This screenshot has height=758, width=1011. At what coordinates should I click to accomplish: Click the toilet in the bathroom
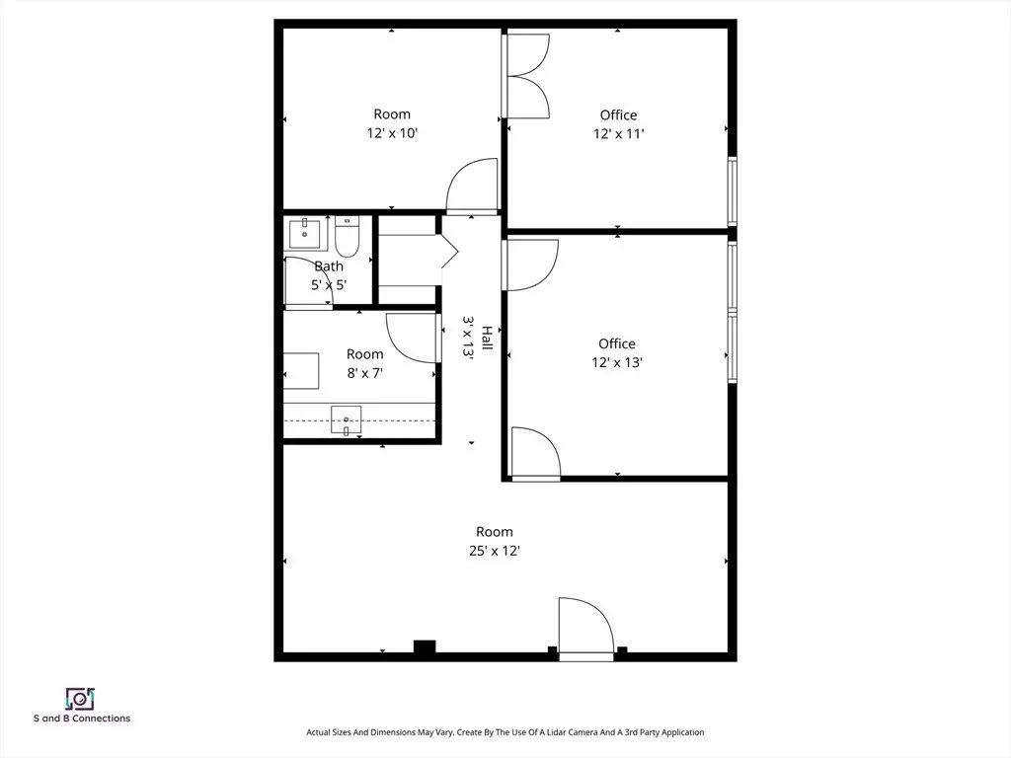tap(347, 237)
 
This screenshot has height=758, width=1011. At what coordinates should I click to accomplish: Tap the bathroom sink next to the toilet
tap(304, 233)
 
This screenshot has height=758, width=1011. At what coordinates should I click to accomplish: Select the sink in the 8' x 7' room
tap(347, 420)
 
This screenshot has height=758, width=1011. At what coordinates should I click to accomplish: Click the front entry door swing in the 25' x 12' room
tap(586, 625)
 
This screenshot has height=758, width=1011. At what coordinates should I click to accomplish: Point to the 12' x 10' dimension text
tap(392, 133)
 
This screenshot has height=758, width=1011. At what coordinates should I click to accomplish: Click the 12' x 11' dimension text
tap(618, 133)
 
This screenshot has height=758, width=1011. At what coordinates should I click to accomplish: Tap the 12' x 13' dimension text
tap(617, 362)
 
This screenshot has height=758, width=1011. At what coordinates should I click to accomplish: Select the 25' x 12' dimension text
tap(495, 551)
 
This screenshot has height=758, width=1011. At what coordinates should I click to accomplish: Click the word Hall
tap(487, 339)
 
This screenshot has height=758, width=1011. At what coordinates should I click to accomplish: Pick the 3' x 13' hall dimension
tap(468, 337)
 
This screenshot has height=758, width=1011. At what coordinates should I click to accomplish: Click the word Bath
tap(329, 265)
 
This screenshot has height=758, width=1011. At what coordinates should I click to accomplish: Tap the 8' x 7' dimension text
tap(365, 372)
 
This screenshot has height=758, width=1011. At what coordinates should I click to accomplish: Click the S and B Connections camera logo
tap(81, 699)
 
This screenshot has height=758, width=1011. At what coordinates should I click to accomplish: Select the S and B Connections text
tap(82, 719)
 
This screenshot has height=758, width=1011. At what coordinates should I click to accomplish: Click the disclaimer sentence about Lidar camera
tap(505, 732)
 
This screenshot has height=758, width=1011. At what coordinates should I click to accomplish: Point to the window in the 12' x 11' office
tap(733, 190)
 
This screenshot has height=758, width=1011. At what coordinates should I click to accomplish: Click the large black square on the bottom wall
tap(425, 646)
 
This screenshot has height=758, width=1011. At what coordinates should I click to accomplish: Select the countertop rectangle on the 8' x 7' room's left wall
tap(301, 371)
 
